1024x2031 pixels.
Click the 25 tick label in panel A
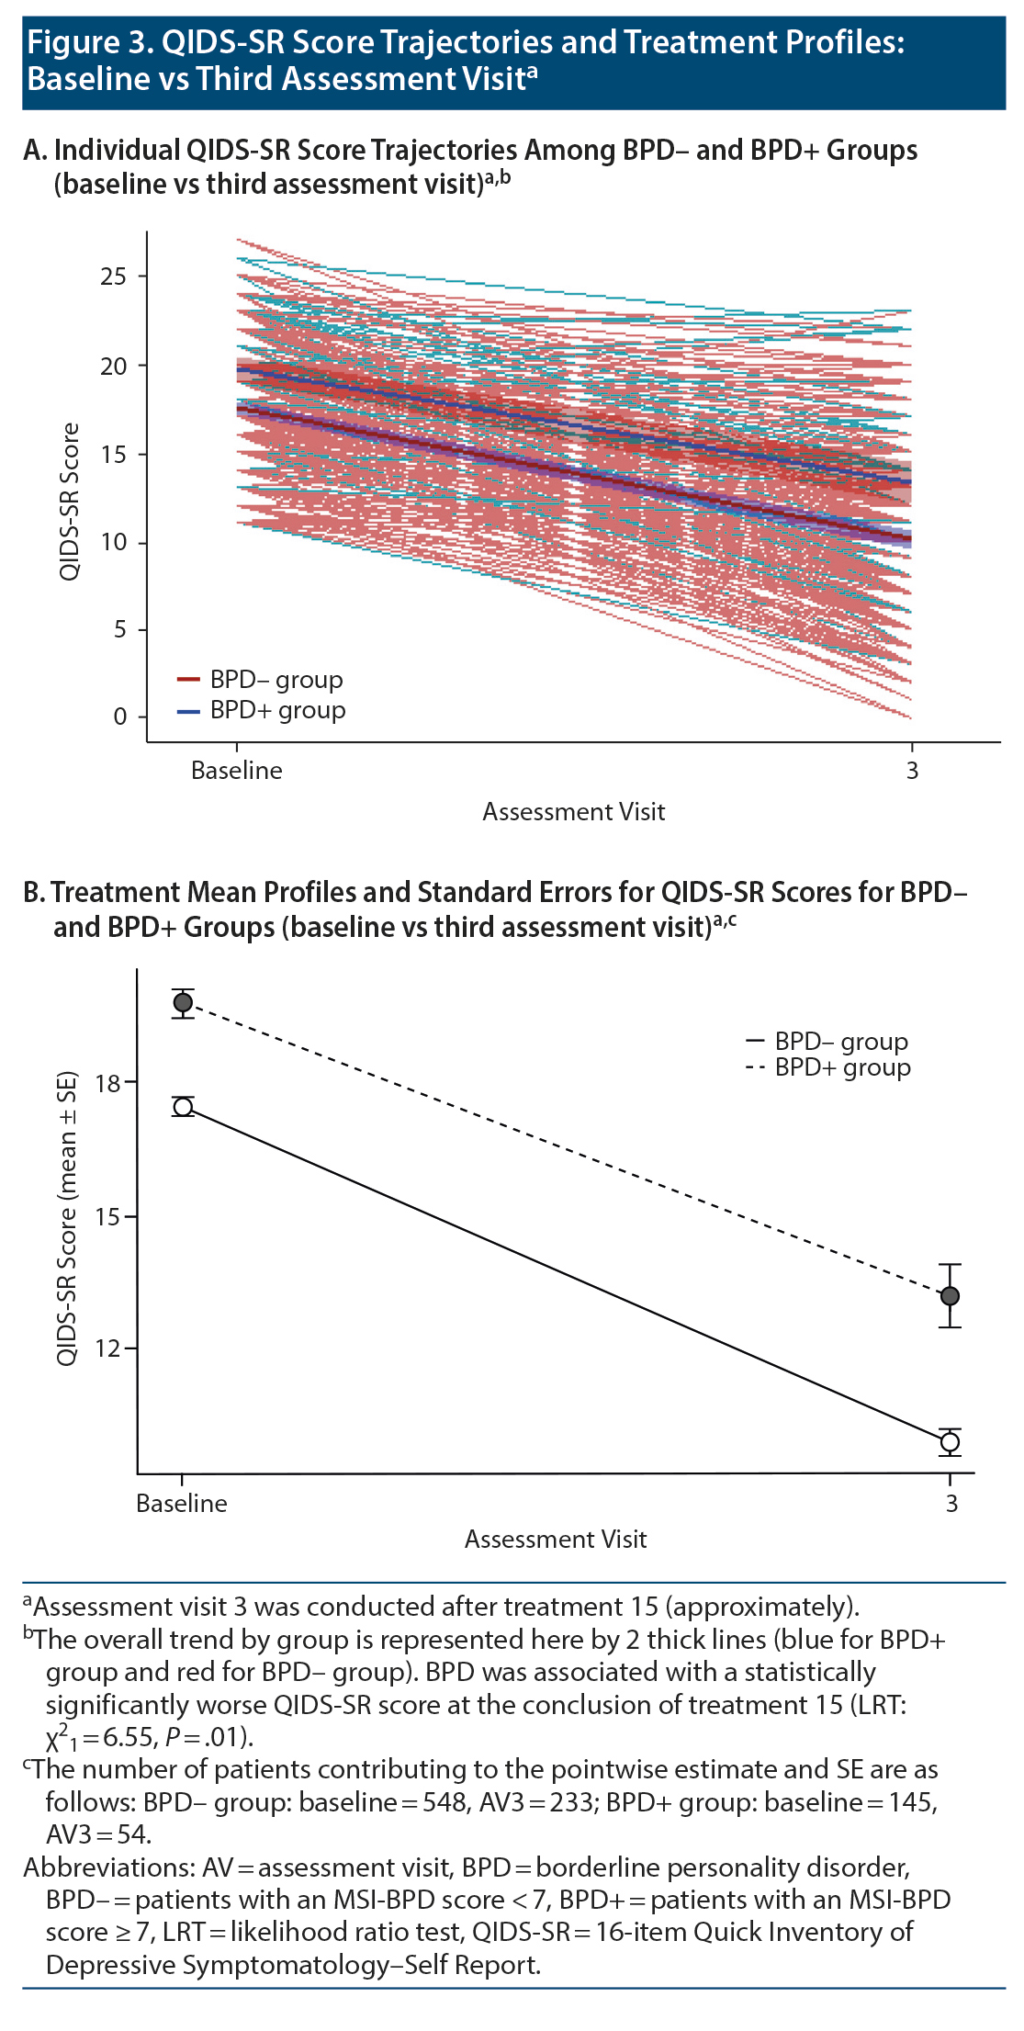pos(113,276)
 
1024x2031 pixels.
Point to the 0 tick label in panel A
pos(120,717)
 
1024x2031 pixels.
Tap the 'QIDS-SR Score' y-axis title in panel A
pos(70,502)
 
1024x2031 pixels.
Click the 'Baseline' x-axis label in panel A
pos(236,771)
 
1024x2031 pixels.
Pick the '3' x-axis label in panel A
pos(912,771)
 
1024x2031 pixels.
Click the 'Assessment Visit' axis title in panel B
pos(555,1540)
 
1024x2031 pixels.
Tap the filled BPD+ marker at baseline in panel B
pos(183,1002)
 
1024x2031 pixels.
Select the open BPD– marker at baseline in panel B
pos(183,1107)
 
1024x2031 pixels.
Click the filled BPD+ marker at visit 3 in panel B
pos(950,1296)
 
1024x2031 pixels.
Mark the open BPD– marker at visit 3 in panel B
pos(950,1442)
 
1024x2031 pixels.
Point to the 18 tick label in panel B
pos(107,1084)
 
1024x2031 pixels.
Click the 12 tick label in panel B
pos(107,1348)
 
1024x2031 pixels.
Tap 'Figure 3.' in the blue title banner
pos(90,42)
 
